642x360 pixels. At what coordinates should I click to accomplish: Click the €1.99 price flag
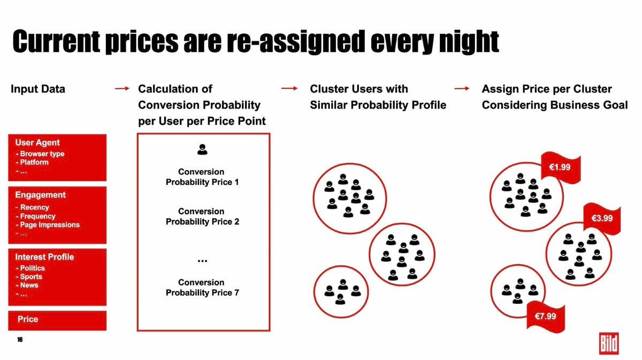pos(561,167)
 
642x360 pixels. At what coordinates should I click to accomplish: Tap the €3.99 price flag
pos(602,219)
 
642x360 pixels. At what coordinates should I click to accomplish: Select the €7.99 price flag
pos(546,317)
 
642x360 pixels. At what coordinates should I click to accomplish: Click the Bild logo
pos(609,343)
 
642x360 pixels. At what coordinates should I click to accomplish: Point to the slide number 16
pos(20,340)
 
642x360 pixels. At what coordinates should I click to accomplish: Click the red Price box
pos(57,320)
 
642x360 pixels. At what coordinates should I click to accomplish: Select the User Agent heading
pos(37,142)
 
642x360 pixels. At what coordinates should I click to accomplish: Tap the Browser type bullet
pos(40,154)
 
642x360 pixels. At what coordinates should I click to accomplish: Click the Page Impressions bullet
pos(48,225)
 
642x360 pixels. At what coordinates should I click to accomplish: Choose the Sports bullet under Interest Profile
pos(29,277)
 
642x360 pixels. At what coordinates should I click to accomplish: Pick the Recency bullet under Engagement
pos(33,207)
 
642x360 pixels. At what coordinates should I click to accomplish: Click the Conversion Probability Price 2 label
pos(202,217)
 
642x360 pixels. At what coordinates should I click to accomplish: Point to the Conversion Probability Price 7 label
pos(202,287)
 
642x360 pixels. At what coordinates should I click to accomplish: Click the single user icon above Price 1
pos(202,149)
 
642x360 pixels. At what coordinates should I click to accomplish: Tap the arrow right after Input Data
pos(122,89)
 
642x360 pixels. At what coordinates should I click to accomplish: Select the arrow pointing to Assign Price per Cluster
pos(462,89)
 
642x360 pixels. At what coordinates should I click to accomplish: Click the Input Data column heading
pos(38,89)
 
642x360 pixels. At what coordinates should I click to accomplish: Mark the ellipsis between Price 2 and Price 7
pos(202,261)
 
